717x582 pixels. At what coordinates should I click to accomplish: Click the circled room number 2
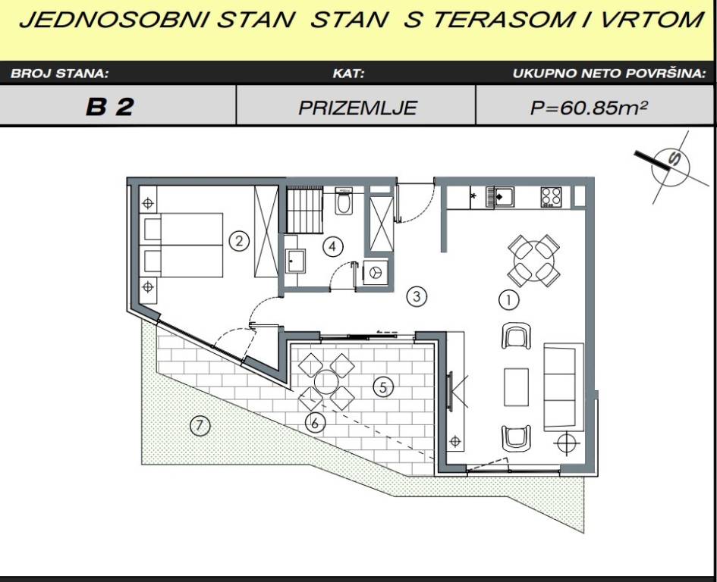tap(239, 240)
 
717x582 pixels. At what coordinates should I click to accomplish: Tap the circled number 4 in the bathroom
tap(332, 247)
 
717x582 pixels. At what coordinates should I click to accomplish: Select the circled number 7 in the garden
tap(200, 426)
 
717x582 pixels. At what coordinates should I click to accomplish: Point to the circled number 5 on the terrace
tap(382, 387)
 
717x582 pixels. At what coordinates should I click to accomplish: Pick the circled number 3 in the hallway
tap(417, 296)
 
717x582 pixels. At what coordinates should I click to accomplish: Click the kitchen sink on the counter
tap(500, 197)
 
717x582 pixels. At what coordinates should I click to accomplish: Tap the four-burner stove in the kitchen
tap(551, 197)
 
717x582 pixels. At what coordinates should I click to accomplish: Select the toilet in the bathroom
tap(343, 201)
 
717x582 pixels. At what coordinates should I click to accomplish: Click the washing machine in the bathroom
tap(376, 272)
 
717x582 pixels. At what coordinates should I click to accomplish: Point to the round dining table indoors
tap(533, 261)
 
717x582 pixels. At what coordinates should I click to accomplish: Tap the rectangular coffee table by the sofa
tap(516, 387)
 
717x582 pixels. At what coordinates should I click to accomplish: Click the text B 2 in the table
tap(110, 107)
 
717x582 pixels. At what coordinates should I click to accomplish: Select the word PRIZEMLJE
tap(357, 108)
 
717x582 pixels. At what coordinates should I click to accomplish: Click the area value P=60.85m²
tap(589, 108)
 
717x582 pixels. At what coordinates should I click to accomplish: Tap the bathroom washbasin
tap(296, 261)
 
